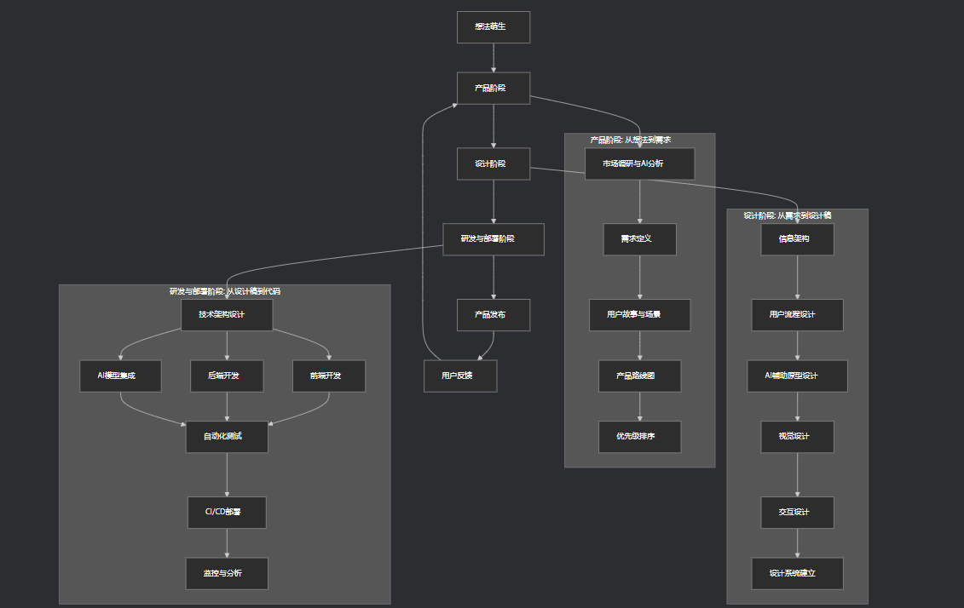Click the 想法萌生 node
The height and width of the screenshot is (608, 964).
(493, 26)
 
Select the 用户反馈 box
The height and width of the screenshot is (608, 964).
(460, 376)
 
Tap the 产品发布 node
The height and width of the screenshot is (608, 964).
(493, 314)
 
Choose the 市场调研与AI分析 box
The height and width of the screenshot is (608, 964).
(639, 163)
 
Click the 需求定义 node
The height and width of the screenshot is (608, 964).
(639, 239)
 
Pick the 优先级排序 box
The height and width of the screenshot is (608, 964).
(639, 437)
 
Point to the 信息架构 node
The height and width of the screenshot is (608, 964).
(797, 239)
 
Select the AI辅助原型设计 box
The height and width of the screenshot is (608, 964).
(797, 376)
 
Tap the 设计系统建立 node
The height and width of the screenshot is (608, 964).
(797, 573)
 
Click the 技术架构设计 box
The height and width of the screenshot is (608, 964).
(227, 314)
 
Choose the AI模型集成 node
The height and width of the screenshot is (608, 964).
(120, 376)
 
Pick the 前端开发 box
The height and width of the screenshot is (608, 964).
(329, 376)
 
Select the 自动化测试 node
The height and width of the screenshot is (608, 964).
(227, 437)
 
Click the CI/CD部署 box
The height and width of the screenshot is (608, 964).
(227, 513)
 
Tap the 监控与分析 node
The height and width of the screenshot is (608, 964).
(227, 573)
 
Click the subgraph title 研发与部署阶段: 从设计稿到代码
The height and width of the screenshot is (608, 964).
(225, 291)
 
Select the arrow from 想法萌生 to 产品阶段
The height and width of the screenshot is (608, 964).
(494, 57)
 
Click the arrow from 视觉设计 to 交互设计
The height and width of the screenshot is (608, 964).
(798, 474)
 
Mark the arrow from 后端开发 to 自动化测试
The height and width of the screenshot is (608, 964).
(227, 406)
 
